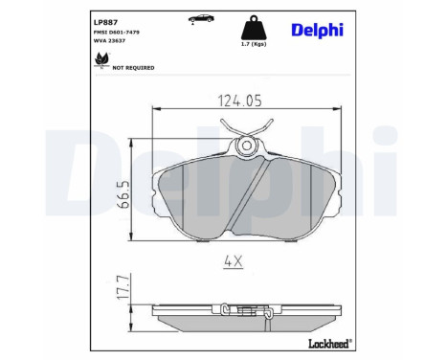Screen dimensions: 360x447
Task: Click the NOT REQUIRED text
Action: [x=133, y=69]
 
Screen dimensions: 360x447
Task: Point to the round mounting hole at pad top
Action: [x=247, y=146]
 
